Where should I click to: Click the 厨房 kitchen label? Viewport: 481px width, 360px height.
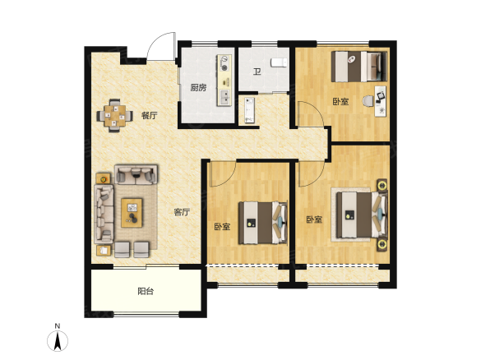pyautogui.click(x=198, y=88)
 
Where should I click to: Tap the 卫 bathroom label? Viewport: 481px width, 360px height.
pyautogui.click(x=257, y=72)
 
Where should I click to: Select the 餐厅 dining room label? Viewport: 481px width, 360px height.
pyautogui.click(x=150, y=116)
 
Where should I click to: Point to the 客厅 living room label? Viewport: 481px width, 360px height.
pyautogui.click(x=182, y=212)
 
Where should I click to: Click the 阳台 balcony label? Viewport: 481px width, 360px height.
pyautogui.click(x=146, y=291)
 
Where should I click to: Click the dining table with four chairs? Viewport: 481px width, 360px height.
pyautogui.click(x=115, y=116)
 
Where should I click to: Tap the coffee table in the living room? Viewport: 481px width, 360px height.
pyautogui.click(x=132, y=213)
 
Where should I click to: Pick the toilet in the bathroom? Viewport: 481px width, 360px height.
pyautogui.click(x=280, y=62)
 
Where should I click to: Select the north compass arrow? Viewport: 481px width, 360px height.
pyautogui.click(x=58, y=341)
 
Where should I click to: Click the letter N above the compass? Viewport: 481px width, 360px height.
pyautogui.click(x=58, y=326)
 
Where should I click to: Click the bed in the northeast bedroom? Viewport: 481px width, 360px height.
pyautogui.click(x=359, y=67)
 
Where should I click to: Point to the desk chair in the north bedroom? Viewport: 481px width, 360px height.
pyautogui.click(x=368, y=100)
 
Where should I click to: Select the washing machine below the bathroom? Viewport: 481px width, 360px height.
pyautogui.click(x=249, y=110)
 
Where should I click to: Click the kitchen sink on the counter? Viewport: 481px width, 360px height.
pyautogui.click(x=224, y=97)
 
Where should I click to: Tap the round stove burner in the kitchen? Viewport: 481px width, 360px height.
pyautogui.click(x=224, y=68)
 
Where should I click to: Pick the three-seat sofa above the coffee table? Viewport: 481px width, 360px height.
pyautogui.click(x=136, y=174)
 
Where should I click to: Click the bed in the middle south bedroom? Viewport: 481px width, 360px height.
pyautogui.click(x=263, y=223)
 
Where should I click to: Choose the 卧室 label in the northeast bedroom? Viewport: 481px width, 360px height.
pyautogui.click(x=340, y=101)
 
